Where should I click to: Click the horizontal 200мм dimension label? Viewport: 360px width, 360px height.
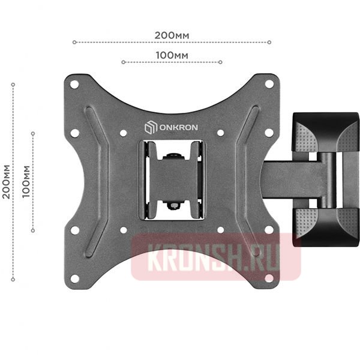[x=172, y=35]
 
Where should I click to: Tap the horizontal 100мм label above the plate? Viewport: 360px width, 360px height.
[x=172, y=55]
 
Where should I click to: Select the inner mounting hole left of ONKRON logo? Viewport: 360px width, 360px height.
[x=123, y=133]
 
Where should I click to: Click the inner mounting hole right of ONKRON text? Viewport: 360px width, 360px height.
[x=220, y=133]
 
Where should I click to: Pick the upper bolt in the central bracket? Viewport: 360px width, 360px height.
[x=174, y=156]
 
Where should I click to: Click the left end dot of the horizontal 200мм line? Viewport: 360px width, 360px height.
[x=74, y=42]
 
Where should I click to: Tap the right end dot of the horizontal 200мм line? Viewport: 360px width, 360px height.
[x=269, y=42]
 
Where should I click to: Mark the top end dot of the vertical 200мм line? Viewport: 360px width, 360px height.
[x=13, y=85]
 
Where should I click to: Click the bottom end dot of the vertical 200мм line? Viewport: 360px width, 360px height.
[x=13, y=280]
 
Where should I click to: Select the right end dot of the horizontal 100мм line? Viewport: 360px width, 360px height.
[x=221, y=62]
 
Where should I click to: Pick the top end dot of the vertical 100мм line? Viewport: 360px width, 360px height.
[x=33, y=133]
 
